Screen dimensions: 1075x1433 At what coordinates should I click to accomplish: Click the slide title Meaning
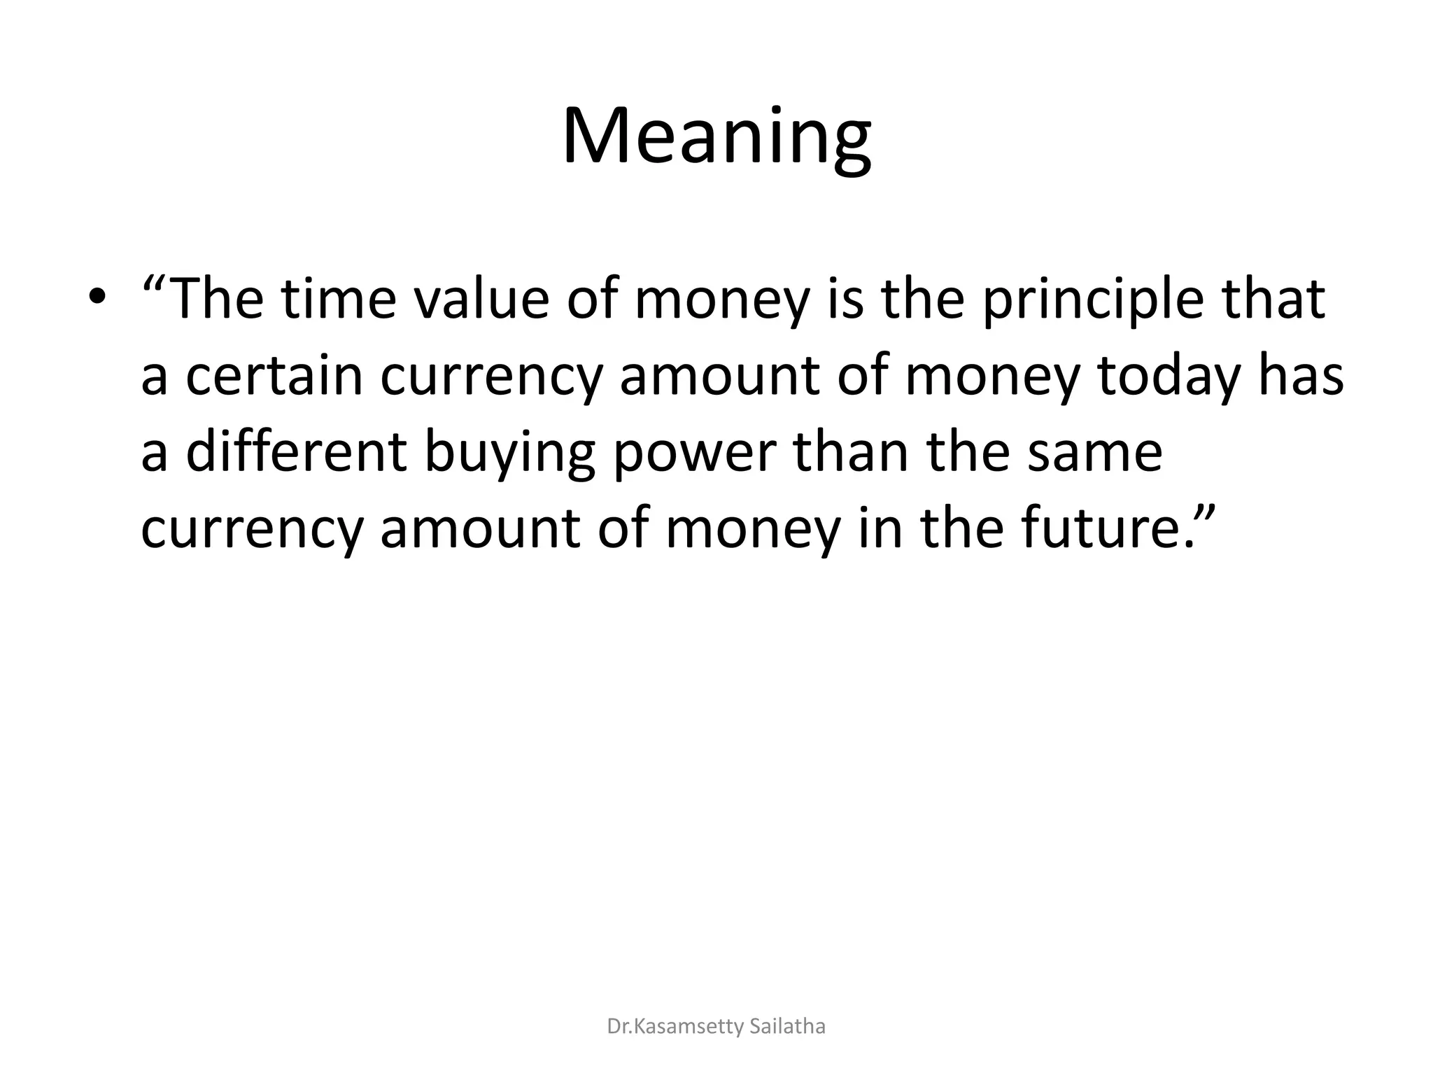click(716, 136)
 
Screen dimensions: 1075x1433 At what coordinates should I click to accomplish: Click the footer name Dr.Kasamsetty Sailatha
click(716, 1027)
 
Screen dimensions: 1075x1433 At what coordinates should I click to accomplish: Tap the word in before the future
click(875, 528)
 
